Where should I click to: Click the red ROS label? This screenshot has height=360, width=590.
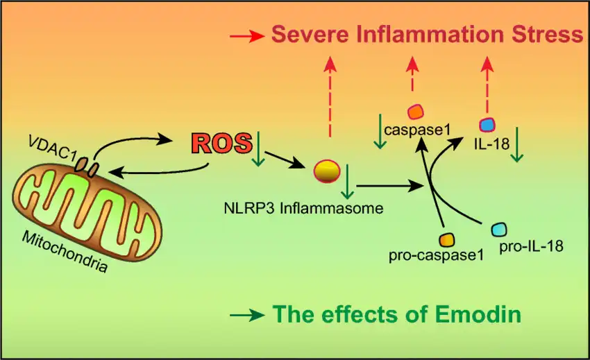tap(221, 143)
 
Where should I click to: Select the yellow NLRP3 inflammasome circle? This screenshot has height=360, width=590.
tap(327, 170)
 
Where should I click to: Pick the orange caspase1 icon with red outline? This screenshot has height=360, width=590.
tap(415, 111)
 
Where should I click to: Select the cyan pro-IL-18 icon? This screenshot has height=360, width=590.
tap(500, 230)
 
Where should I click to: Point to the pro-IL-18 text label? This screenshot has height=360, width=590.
tap(530, 246)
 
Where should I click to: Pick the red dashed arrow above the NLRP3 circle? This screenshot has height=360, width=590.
tap(330, 97)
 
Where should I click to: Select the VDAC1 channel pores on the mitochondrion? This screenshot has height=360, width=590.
tap(87, 166)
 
